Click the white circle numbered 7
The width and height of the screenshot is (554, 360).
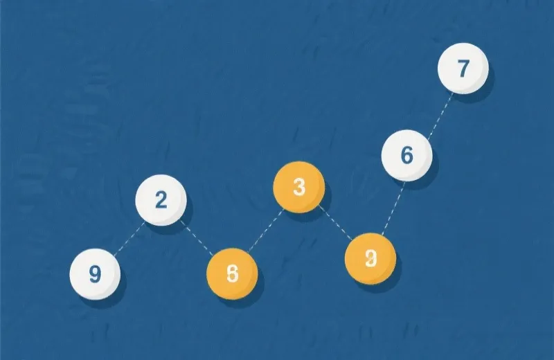(463, 68)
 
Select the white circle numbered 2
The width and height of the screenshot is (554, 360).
(161, 200)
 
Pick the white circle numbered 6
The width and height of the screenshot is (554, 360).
(407, 156)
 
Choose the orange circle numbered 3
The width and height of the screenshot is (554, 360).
(298, 187)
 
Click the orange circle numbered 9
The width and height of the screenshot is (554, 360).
(370, 259)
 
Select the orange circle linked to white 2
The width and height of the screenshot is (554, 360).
(232, 273)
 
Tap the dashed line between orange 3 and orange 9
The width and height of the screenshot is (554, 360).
(335, 224)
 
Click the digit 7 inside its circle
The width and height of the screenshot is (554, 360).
(463, 68)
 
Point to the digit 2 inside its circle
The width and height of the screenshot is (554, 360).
(161, 200)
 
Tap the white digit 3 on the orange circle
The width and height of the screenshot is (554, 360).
(298, 187)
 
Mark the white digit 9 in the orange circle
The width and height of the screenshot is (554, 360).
(370, 259)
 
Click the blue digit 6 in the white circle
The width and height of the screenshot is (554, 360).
(407, 156)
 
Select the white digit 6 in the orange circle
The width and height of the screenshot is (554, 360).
(232, 273)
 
